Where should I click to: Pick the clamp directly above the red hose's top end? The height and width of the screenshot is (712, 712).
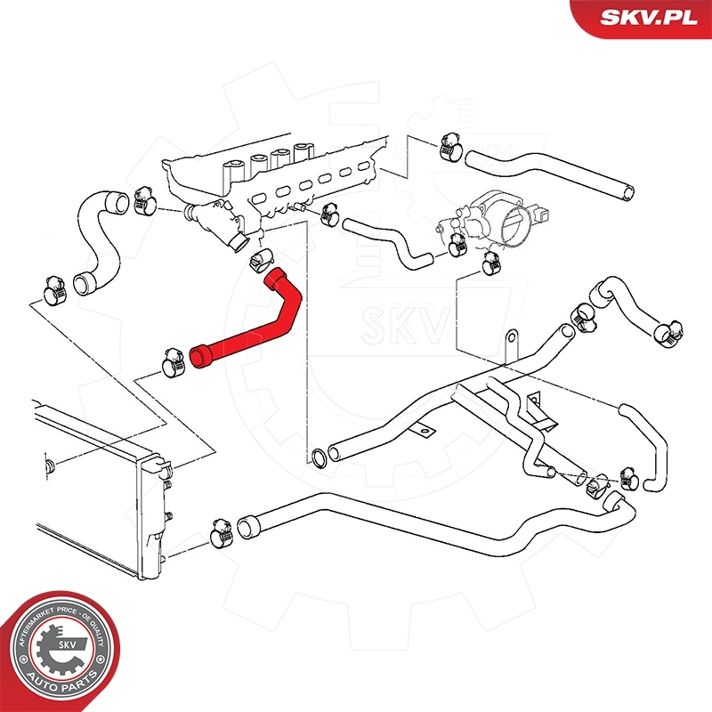pyautogui.click(x=261, y=259)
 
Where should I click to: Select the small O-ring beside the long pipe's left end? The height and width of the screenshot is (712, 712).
pyautogui.click(x=317, y=458)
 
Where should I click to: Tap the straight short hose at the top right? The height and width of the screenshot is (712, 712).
pyautogui.click(x=552, y=174)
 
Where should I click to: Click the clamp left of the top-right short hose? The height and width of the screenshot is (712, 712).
pyautogui.click(x=450, y=147)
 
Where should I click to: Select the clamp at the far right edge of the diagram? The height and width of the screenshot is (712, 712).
pyautogui.click(x=668, y=333)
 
